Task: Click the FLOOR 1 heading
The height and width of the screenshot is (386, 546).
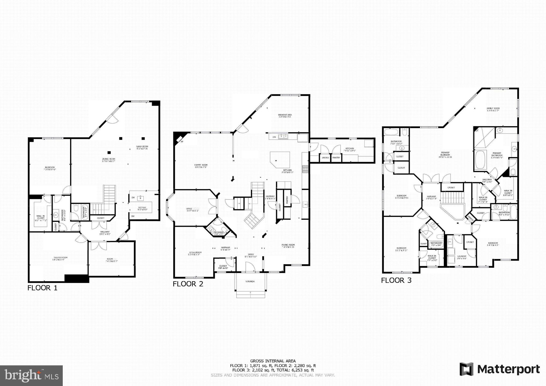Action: click(x=42, y=288)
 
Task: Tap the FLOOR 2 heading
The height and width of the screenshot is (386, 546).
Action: click(x=188, y=284)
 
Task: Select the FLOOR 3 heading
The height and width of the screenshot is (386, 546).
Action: click(x=396, y=280)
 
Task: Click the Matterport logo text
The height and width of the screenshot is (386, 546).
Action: click(x=508, y=369)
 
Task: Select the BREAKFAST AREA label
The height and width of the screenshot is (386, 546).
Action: click(x=285, y=115)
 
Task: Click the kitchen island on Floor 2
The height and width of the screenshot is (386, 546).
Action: click(x=280, y=159)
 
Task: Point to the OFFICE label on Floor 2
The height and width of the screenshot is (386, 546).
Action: click(x=189, y=209)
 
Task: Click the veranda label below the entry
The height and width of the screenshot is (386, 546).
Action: click(x=250, y=281)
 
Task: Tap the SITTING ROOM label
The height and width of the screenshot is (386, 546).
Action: click(x=195, y=253)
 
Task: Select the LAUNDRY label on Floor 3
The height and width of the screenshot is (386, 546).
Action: click(x=462, y=256)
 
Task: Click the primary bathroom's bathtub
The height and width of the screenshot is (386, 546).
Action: click(x=480, y=160)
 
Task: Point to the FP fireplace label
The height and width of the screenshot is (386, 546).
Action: click(x=182, y=142)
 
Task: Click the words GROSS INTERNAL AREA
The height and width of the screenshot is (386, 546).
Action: click(x=273, y=361)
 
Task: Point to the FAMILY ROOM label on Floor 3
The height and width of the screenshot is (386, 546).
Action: click(x=493, y=109)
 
